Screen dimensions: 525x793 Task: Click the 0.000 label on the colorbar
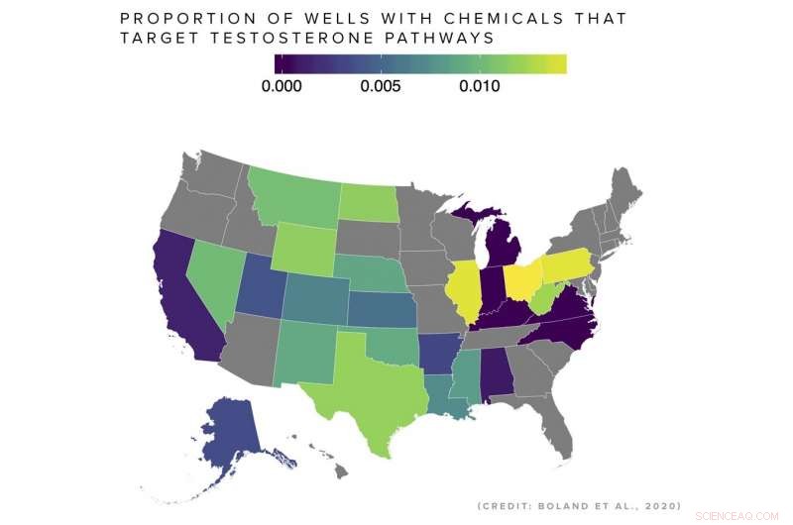(x=282, y=86)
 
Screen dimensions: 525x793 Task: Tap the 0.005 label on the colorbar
(x=380, y=86)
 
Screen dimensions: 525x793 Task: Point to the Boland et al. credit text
(x=579, y=505)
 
